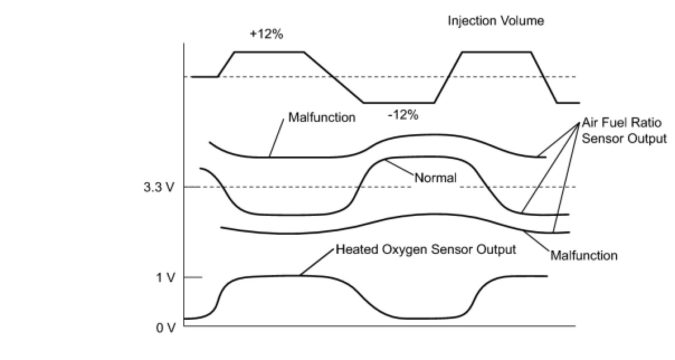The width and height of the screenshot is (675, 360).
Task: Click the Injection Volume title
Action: (496, 21)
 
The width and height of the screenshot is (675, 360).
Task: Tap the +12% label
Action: (267, 34)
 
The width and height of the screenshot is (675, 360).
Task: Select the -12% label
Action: (403, 116)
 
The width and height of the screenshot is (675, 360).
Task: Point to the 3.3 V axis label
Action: (159, 187)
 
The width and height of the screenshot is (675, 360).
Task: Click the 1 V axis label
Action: (165, 277)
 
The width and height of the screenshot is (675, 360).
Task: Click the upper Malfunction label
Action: (321, 118)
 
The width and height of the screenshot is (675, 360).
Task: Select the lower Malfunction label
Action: (584, 256)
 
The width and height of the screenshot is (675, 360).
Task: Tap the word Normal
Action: (435, 178)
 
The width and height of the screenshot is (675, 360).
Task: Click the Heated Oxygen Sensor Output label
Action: (426, 249)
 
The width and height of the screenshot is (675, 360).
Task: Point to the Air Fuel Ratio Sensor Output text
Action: (624, 130)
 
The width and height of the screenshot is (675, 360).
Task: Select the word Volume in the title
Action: (524, 21)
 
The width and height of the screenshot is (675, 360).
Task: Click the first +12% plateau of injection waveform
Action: (269, 52)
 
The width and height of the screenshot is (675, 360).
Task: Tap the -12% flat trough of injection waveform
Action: (398, 103)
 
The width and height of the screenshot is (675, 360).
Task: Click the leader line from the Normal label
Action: (400, 169)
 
